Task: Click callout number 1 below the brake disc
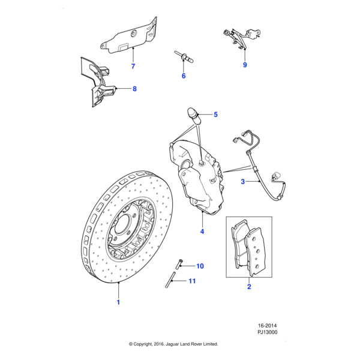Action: (118, 302)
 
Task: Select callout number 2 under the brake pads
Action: (249, 287)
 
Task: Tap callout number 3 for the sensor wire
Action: (242, 181)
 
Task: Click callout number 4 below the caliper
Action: (202, 231)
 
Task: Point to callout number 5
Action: (215, 114)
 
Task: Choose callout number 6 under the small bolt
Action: (184, 76)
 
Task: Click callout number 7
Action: (133, 65)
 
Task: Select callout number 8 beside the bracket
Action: (134, 89)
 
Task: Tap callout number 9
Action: (245, 65)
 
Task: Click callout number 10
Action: (200, 266)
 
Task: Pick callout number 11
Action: (192, 281)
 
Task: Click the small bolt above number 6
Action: (183, 57)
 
